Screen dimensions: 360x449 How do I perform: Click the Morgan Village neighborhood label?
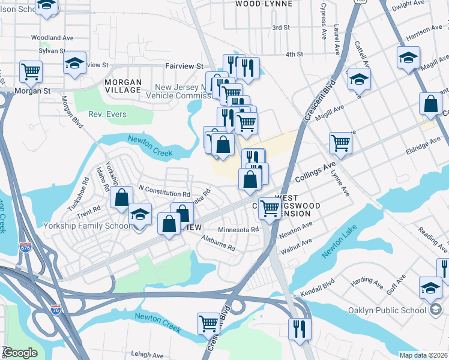pos(123,86)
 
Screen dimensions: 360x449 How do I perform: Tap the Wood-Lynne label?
pos(264,4)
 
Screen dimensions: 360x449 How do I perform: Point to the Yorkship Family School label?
pos(87,226)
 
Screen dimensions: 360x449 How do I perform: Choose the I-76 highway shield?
pos(56,310)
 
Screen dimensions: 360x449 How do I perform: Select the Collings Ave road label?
pos(315,172)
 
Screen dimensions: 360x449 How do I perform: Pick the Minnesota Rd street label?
pos(238,229)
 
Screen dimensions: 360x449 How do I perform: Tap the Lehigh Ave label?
pos(147,355)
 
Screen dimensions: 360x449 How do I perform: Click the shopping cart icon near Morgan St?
pos(30,71)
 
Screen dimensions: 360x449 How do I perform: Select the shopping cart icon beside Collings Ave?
pos(340,142)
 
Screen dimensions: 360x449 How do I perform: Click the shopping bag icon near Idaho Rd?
pos(122,197)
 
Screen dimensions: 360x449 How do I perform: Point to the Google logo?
pos(20,353)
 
